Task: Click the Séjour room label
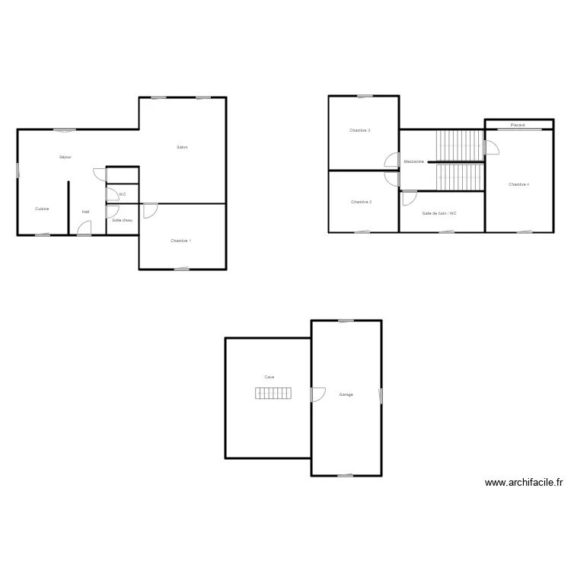click(x=65, y=157)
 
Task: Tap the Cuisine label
click(x=43, y=209)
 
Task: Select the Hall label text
click(x=86, y=212)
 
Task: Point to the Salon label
click(x=182, y=147)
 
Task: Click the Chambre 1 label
click(x=181, y=241)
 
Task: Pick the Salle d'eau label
click(x=122, y=220)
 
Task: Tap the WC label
click(x=123, y=195)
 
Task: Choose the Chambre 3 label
click(x=360, y=130)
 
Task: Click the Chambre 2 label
click(x=361, y=202)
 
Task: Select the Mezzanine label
click(x=414, y=161)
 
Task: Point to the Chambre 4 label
click(x=518, y=184)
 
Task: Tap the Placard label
click(x=518, y=125)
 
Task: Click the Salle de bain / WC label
click(x=439, y=213)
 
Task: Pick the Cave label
click(x=270, y=377)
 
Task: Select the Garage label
click(x=346, y=394)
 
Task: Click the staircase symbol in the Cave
click(x=273, y=393)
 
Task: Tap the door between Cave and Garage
click(x=317, y=394)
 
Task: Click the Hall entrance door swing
click(x=85, y=227)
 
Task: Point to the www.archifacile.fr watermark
click(x=523, y=483)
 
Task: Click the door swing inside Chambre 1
click(x=150, y=210)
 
